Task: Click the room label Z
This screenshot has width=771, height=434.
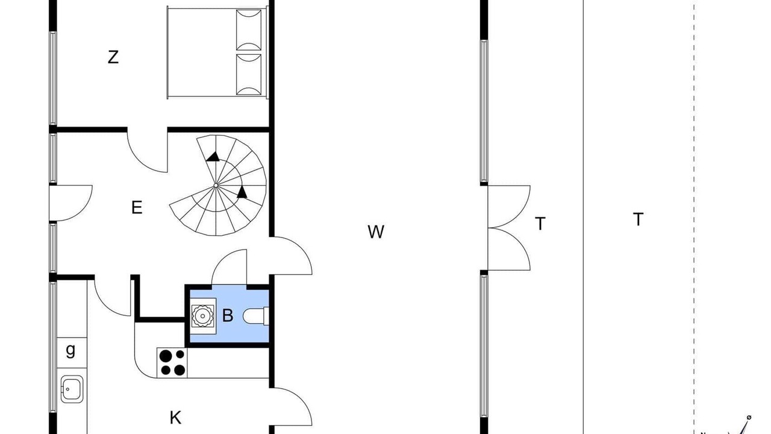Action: pos(113,57)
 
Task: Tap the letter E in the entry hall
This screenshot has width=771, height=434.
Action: pos(137,208)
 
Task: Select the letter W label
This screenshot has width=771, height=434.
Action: pos(375,232)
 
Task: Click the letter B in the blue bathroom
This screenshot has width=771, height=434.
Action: pos(228,315)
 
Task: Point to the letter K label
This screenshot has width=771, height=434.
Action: pos(175,418)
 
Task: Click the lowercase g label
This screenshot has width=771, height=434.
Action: pos(70,351)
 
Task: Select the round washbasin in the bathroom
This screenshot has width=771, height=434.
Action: pos(203,316)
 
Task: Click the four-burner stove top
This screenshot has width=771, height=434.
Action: pos(172,363)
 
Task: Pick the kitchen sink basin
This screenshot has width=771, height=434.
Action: pos(72,389)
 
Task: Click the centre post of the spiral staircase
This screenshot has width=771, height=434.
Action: pos(216,186)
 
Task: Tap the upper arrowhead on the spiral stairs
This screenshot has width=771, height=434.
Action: pos(213,157)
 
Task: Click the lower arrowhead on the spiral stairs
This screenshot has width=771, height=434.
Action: pos(242,192)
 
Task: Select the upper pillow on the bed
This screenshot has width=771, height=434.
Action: pos(249,30)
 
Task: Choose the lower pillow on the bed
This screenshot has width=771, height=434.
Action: pos(249,74)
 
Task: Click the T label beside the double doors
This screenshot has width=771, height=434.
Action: pos(540,224)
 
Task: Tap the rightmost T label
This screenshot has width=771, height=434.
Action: pos(638,219)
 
